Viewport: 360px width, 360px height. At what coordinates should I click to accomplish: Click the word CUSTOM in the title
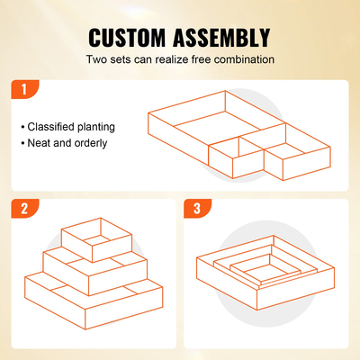[x=130, y=38]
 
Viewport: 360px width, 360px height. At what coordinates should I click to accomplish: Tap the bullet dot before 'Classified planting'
[x=23, y=127]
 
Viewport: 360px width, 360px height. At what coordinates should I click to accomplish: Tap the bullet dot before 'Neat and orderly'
[x=23, y=143]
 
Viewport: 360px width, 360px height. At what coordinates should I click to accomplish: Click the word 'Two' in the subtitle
[x=97, y=59]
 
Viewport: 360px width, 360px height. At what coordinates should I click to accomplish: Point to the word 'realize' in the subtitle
[x=174, y=59]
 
